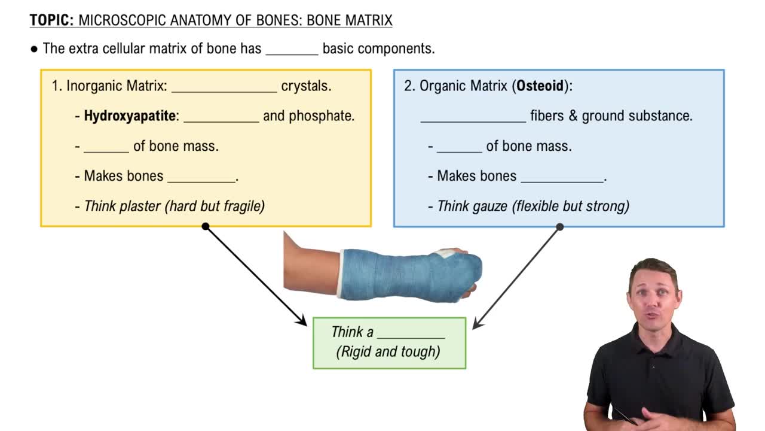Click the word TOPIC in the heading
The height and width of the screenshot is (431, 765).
51,20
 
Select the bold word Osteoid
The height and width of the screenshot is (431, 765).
540,86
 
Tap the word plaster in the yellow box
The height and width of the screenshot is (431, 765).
140,207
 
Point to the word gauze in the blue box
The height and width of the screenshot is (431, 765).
490,207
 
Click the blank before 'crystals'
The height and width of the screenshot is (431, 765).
224,87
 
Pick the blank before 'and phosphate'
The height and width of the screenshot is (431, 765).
221,117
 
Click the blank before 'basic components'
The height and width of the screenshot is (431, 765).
292,50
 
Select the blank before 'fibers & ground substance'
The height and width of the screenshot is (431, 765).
473,117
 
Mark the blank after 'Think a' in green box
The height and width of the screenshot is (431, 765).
411,333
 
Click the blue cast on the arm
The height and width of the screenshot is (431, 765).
406,275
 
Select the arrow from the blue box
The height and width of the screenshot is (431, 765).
517,277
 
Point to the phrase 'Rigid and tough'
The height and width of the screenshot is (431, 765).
388,351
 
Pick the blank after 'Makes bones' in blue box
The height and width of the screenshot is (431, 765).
562,177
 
